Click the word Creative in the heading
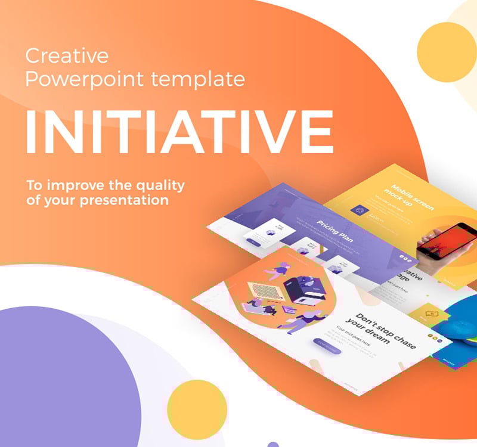(67, 57)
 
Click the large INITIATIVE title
(179, 132)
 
